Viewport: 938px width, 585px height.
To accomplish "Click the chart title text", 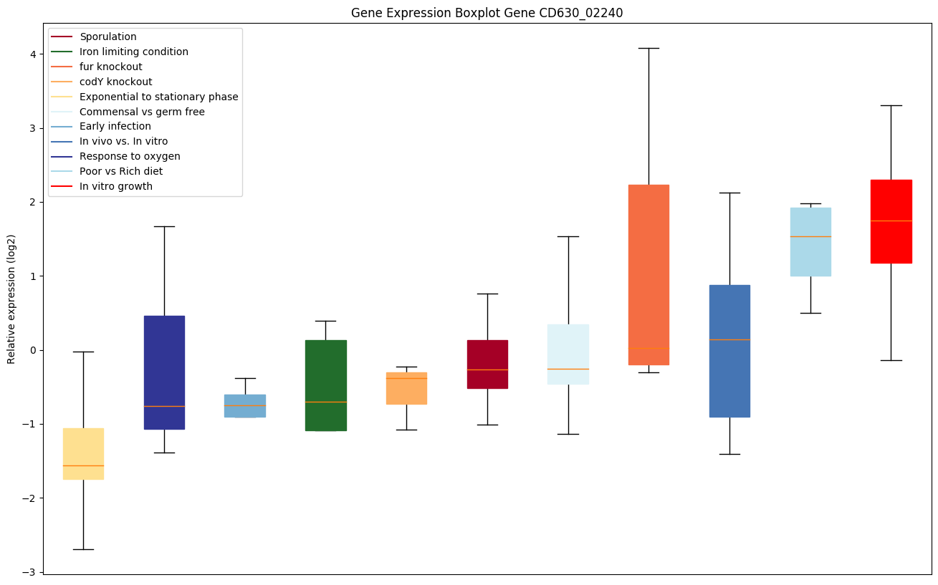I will (482, 13).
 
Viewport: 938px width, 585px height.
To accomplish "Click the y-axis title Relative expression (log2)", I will (11, 299).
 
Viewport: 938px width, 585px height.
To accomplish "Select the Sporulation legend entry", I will (107, 37).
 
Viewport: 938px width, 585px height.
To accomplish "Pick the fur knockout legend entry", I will (110, 67).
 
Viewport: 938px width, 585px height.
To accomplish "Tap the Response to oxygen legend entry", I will (130, 156).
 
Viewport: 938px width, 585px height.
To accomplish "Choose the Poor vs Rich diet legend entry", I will (120, 171).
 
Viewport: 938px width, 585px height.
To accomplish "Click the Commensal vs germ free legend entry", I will (142, 112).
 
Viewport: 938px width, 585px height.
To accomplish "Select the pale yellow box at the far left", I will (83, 454).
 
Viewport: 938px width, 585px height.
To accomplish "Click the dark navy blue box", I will (164, 372).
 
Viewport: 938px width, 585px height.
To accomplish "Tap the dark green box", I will (325, 385).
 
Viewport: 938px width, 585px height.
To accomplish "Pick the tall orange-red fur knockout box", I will (649, 275).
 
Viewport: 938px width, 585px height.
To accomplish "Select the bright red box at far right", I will (891, 221).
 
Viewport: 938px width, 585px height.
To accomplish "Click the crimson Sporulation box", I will (487, 364).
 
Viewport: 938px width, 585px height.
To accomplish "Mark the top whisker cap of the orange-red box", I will (649, 48).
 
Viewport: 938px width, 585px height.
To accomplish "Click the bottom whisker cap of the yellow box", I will (83, 549).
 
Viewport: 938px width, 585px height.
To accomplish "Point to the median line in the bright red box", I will (891, 221).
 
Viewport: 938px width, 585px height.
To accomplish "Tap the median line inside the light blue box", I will (810, 236).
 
